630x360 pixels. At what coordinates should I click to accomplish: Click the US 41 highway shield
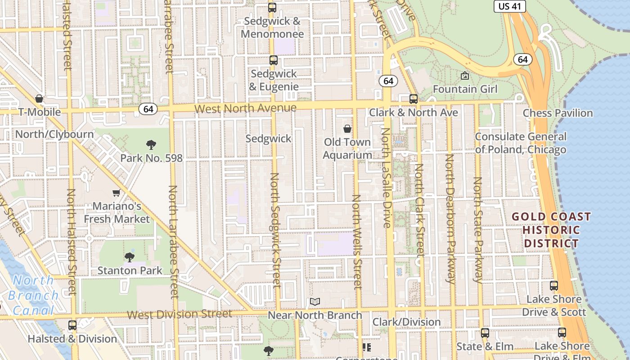coord(509,6)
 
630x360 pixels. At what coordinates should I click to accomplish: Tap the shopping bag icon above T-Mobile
coord(39,99)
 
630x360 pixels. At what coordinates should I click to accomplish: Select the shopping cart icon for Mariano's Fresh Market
coord(116,193)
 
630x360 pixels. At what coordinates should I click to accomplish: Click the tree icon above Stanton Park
coord(130,257)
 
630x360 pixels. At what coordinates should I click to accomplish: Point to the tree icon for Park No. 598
coord(151,145)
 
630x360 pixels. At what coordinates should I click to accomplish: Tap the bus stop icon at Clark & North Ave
coord(413,99)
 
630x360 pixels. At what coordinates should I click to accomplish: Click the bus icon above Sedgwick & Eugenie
coord(273,60)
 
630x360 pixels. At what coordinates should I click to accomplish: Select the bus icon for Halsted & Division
coord(72,325)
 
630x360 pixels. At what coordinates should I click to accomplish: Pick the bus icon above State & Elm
coord(485,333)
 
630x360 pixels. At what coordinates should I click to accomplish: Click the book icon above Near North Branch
coord(315,302)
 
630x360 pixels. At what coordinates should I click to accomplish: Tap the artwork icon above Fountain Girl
coord(465,76)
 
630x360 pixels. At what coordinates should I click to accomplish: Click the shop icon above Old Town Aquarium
coord(347,129)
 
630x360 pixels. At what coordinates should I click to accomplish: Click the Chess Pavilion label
coord(558,113)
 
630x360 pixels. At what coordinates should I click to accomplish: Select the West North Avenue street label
coord(246,108)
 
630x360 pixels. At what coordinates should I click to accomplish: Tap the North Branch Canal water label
coord(33,295)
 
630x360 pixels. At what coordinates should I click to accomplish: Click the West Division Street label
coord(180,314)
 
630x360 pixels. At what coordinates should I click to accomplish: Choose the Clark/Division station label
coord(406,322)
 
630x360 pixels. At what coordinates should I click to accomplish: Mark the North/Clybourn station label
coord(54,134)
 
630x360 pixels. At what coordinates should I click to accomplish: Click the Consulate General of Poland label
coord(521,143)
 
